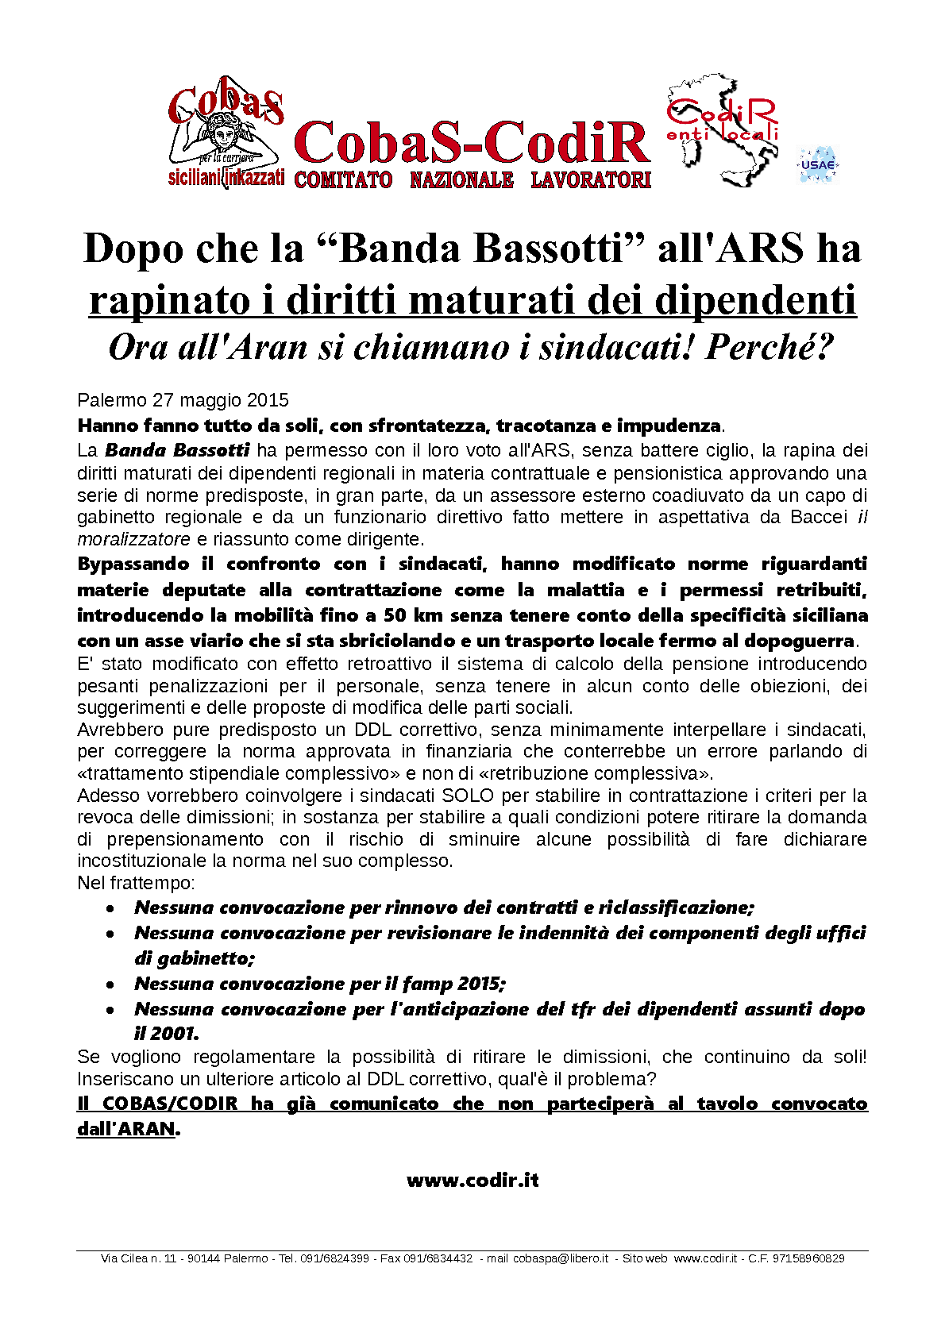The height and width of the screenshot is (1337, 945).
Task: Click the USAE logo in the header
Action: [x=817, y=165]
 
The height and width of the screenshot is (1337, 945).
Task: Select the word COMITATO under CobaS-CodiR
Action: [x=343, y=180]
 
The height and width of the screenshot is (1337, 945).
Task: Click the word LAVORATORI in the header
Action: [x=591, y=180]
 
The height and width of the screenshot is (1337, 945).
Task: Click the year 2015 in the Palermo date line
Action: [x=268, y=400]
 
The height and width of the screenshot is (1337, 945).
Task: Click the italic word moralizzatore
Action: [x=133, y=540]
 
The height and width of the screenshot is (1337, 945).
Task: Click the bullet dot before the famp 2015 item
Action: [x=112, y=984]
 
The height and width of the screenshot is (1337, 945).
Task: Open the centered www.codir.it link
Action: [x=472, y=1180]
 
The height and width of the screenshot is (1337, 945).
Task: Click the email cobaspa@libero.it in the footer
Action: [x=561, y=1258]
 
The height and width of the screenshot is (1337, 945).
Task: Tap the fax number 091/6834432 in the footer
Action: [x=438, y=1258]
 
